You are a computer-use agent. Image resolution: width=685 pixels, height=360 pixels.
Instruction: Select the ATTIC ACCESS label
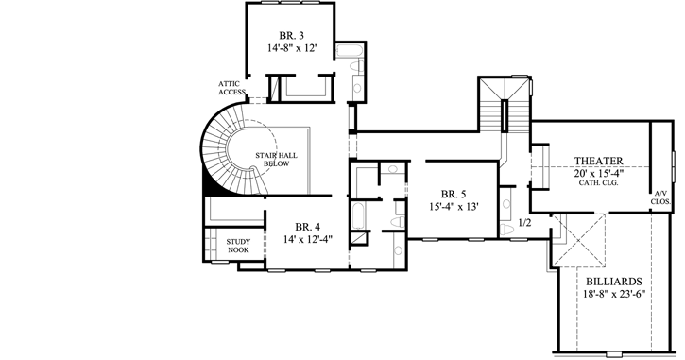tap(232, 87)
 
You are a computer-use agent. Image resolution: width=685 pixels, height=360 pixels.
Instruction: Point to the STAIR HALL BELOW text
tap(271, 158)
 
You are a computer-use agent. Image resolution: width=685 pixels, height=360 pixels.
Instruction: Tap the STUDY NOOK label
tap(238, 245)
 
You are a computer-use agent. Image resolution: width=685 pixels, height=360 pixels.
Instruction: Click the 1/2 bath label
tap(524, 223)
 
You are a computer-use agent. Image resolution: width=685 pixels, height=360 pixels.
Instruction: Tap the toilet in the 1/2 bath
tap(509, 230)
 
